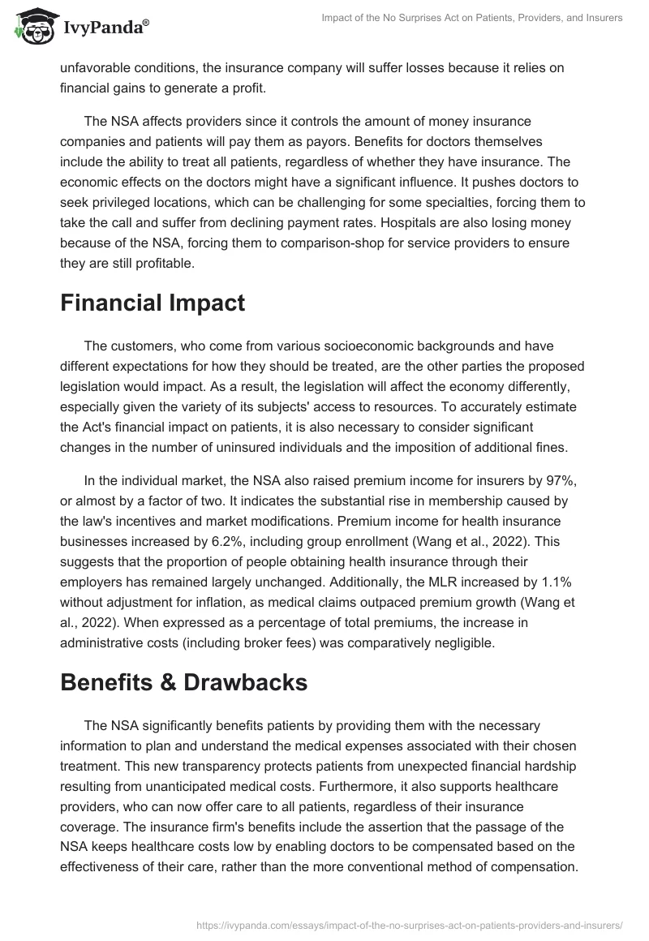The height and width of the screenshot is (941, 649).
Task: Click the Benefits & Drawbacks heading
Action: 183,682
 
